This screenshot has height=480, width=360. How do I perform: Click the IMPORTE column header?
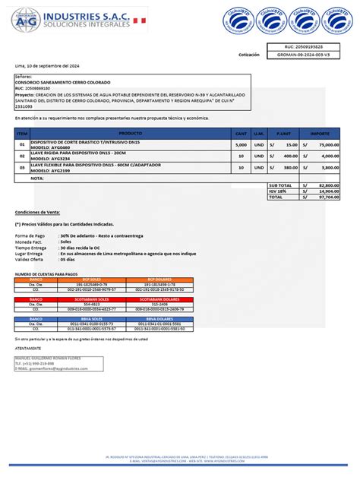click(x=320, y=132)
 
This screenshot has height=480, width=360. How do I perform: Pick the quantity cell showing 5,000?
click(x=241, y=144)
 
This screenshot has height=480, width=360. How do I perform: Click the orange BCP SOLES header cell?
click(x=91, y=279)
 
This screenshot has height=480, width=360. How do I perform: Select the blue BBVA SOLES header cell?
click(x=91, y=319)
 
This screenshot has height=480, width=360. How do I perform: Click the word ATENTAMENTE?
click(x=29, y=349)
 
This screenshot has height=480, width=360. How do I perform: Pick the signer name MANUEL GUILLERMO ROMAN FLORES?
click(x=49, y=357)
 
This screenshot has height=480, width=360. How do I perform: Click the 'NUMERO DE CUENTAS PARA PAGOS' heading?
click(x=46, y=273)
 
